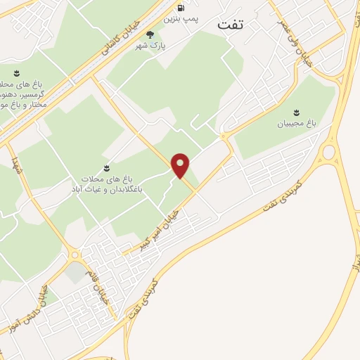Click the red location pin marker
click(x=181, y=166)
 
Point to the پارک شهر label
click(x=148, y=46)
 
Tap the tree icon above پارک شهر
click(x=148, y=34)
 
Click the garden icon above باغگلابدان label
click(x=106, y=167)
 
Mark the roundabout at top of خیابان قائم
click(x=75, y=255)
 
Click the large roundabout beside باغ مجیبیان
click(x=328, y=153)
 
